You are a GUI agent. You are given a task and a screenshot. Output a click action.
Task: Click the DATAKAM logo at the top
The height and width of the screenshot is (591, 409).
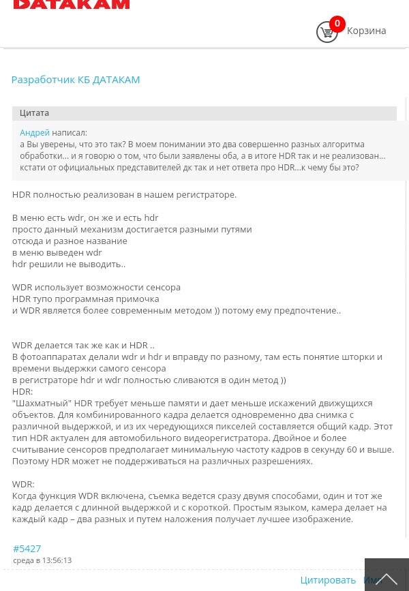[72, 4]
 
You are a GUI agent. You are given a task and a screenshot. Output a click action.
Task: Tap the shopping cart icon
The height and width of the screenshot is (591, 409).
[327, 32]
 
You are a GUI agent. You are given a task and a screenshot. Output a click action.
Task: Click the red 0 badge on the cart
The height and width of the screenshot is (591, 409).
[337, 24]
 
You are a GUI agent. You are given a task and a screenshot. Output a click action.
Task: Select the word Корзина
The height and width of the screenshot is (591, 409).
[366, 31]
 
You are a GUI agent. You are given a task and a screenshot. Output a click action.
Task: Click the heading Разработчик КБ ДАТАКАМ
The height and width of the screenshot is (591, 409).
[76, 79]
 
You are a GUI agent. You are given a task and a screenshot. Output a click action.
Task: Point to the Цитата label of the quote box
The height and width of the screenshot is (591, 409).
[34, 113]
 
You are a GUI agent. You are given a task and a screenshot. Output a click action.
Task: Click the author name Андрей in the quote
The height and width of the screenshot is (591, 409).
[35, 133]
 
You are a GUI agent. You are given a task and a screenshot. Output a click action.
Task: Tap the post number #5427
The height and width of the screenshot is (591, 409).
[27, 548]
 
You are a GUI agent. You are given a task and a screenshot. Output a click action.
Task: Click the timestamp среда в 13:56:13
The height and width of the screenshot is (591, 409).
[42, 560]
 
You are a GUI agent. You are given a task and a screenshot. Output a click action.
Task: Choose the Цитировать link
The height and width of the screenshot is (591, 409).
[328, 579]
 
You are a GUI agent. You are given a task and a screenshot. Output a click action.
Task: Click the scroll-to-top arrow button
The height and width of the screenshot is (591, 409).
[387, 577]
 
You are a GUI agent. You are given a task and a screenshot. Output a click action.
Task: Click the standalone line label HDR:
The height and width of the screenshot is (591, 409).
[22, 391]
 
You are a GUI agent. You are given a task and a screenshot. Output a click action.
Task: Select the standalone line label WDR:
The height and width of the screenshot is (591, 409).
[23, 484]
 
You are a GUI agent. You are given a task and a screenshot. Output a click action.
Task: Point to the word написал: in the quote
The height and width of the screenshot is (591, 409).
[70, 133]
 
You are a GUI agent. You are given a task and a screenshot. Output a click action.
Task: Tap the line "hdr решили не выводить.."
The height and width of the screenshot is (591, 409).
[69, 264]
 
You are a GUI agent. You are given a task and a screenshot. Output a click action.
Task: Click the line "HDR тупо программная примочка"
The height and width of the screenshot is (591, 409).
[85, 299]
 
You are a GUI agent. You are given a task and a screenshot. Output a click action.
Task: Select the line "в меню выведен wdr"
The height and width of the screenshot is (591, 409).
[57, 252]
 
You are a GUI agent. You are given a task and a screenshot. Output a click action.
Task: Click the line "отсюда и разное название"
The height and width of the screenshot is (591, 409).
[70, 241]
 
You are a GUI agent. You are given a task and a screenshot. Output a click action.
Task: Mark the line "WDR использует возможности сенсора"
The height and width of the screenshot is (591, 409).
[96, 287]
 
